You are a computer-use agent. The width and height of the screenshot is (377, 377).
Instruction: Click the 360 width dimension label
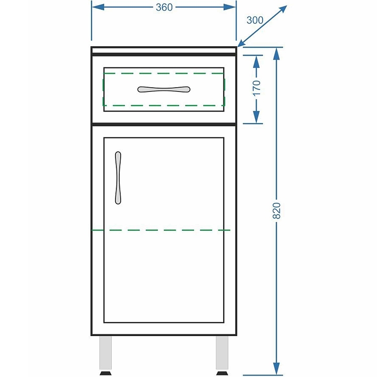point(164,7)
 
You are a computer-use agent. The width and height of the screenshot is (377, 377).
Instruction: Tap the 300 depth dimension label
point(254,20)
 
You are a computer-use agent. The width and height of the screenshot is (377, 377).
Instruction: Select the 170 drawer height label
point(257,88)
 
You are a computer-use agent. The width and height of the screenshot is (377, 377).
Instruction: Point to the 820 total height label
point(277,210)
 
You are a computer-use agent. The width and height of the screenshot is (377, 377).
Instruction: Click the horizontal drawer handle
point(164,89)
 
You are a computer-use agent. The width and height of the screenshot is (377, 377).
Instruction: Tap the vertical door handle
point(118,178)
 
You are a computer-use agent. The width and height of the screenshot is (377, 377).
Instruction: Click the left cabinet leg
point(105,352)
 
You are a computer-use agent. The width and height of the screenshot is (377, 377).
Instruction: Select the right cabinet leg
point(222,352)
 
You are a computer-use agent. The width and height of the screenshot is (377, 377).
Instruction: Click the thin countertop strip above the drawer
point(164,50)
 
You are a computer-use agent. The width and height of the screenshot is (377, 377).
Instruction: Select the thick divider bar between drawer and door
point(164,124)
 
